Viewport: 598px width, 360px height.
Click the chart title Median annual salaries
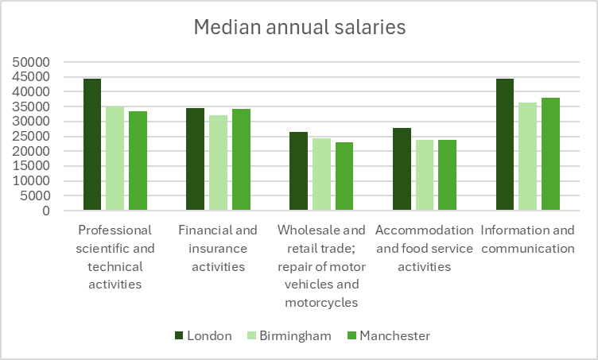coord(300,27)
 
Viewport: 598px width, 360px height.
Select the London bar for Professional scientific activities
coord(92,145)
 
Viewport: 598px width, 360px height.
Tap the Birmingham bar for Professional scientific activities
coord(115,158)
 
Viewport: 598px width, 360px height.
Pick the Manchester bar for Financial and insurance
coord(241,160)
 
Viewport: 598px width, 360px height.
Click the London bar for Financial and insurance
coord(196,159)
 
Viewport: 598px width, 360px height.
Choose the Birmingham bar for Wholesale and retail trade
coord(321,174)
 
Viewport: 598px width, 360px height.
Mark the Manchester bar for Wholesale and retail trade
coord(344,176)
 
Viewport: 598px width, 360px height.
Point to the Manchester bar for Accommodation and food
coord(447,175)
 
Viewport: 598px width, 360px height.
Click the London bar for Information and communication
coord(505,145)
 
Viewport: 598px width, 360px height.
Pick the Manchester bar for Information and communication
coord(550,154)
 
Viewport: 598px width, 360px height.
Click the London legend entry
coord(204,335)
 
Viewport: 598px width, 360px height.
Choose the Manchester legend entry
coord(387,335)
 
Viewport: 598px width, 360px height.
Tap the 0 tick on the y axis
coord(46,211)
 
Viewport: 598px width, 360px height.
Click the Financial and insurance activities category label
coord(218,248)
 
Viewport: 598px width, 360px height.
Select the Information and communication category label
coord(527,239)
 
